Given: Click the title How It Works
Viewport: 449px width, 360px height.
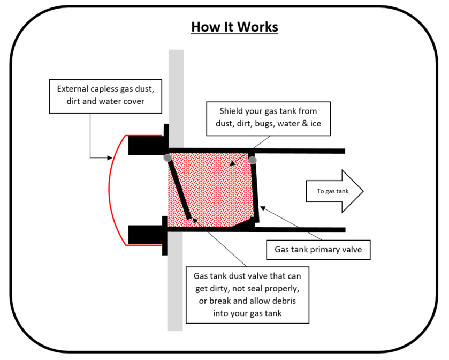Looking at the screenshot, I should coord(234,27).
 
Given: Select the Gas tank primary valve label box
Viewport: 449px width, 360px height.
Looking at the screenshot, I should coord(318,250).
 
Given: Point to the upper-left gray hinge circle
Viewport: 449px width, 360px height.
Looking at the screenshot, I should coord(168,157).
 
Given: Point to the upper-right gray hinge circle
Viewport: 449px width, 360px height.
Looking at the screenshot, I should coord(253,160).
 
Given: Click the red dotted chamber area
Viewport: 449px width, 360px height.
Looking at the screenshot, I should coord(214,187).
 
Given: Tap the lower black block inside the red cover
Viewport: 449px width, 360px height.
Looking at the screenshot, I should coord(146,234).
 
